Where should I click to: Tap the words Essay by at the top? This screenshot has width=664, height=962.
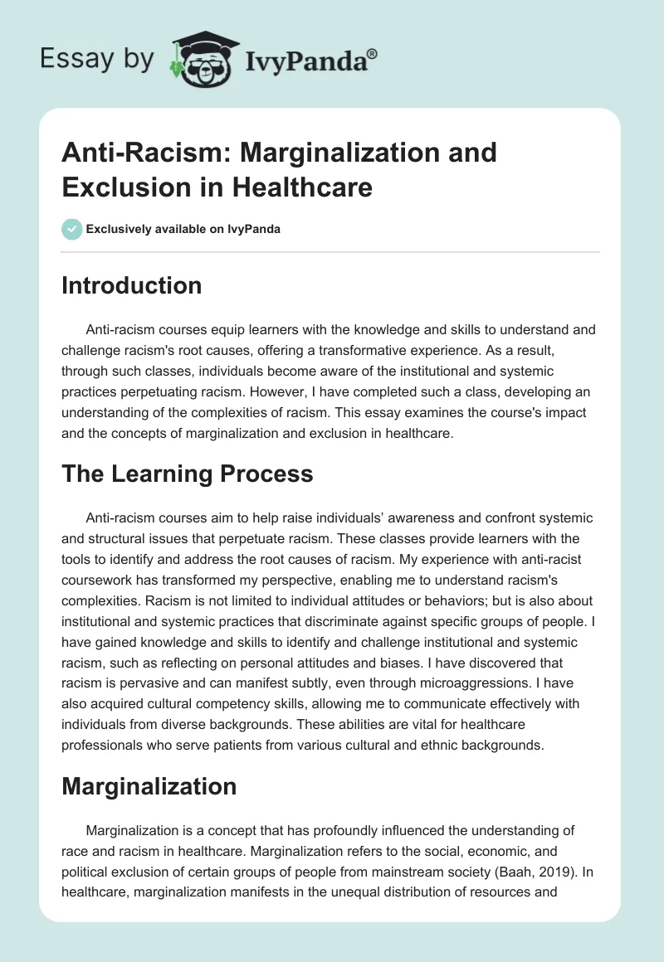coord(98,59)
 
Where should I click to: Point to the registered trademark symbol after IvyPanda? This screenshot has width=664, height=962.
coord(372,55)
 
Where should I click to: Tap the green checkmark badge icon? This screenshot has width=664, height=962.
coord(73,229)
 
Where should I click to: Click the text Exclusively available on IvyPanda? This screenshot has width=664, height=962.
coord(183,229)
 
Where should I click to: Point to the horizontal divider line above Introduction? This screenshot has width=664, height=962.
coord(330,251)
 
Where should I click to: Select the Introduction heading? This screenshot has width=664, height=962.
coord(132,285)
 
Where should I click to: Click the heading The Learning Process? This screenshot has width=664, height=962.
coord(188,474)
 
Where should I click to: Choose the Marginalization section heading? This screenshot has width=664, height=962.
coord(149,786)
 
